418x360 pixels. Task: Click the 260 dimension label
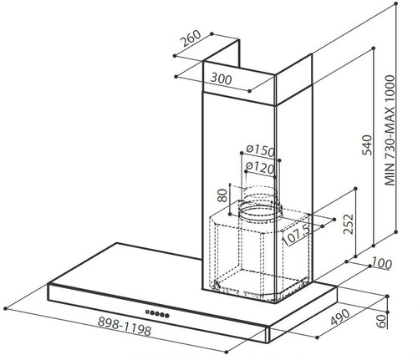(191, 38)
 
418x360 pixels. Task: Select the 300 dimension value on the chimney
(221, 79)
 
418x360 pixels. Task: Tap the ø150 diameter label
(261, 150)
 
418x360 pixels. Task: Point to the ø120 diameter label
(260, 168)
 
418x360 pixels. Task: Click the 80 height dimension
(223, 195)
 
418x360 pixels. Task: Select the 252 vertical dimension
(349, 224)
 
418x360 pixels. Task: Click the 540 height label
(367, 145)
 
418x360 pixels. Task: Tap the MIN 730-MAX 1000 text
(390, 130)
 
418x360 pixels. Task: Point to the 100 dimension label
(382, 263)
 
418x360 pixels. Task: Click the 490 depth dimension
(340, 317)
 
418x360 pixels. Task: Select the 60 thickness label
(380, 321)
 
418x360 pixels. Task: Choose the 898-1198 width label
(125, 327)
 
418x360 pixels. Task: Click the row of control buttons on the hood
(157, 313)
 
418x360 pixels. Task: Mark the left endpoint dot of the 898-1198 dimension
(6, 308)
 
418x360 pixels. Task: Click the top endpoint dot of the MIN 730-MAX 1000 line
(396, 3)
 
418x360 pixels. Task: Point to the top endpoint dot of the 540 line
(374, 48)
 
